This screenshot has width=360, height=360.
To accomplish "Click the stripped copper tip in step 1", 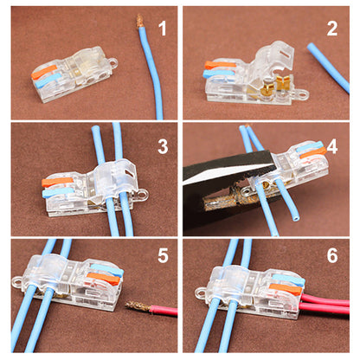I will [138, 24].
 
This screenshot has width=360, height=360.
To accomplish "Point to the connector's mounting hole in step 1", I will [110, 63].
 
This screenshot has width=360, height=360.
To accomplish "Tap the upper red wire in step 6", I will [329, 299].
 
